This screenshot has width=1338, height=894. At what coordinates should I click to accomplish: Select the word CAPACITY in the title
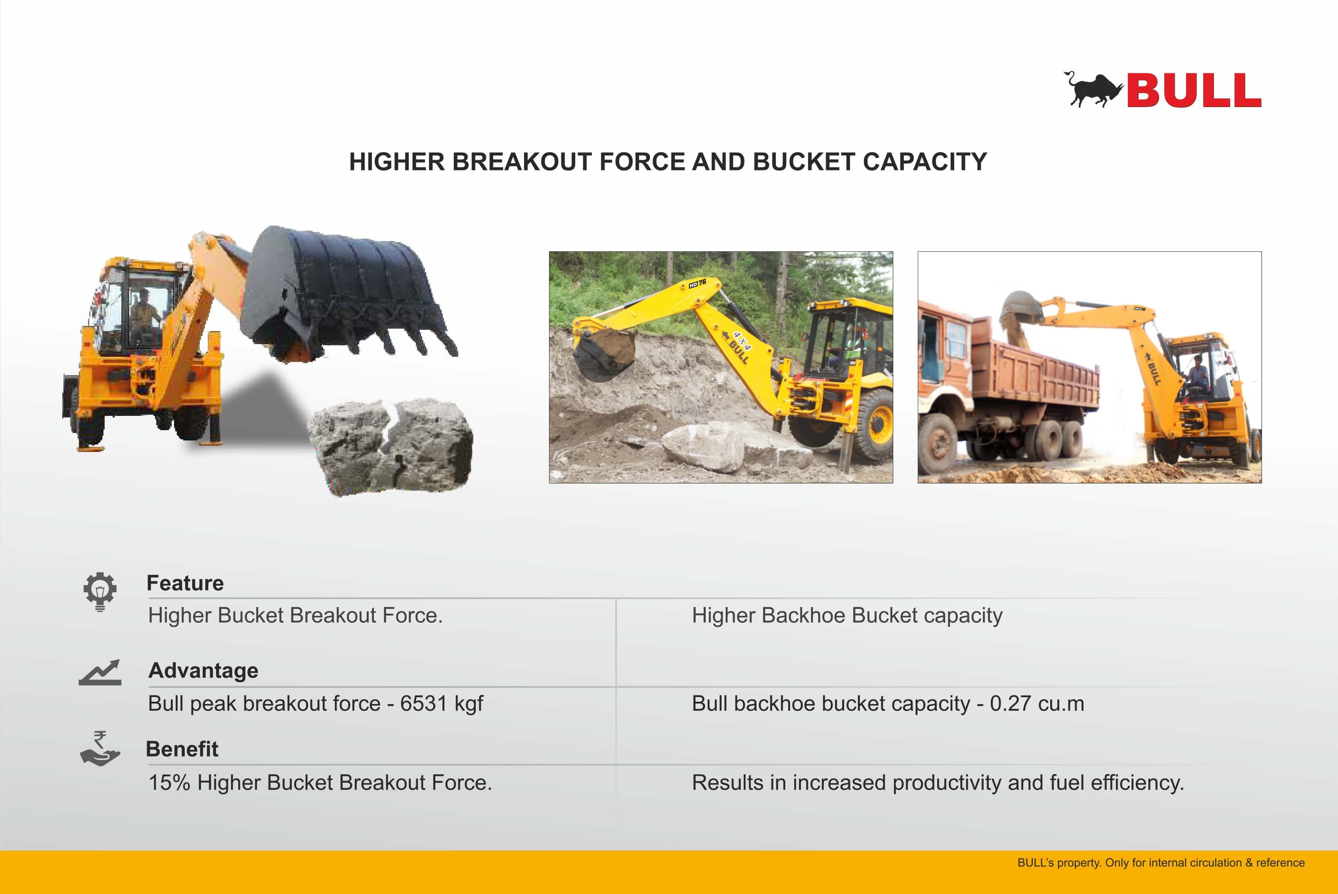click(x=925, y=162)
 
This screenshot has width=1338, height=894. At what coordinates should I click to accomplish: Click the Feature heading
click(x=185, y=583)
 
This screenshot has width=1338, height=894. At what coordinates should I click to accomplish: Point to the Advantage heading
click(x=203, y=670)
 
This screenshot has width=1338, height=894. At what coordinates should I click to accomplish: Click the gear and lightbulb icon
click(x=100, y=591)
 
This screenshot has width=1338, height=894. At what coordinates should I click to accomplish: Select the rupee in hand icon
click(x=100, y=748)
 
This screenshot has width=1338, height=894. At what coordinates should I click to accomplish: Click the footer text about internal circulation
click(x=1161, y=863)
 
